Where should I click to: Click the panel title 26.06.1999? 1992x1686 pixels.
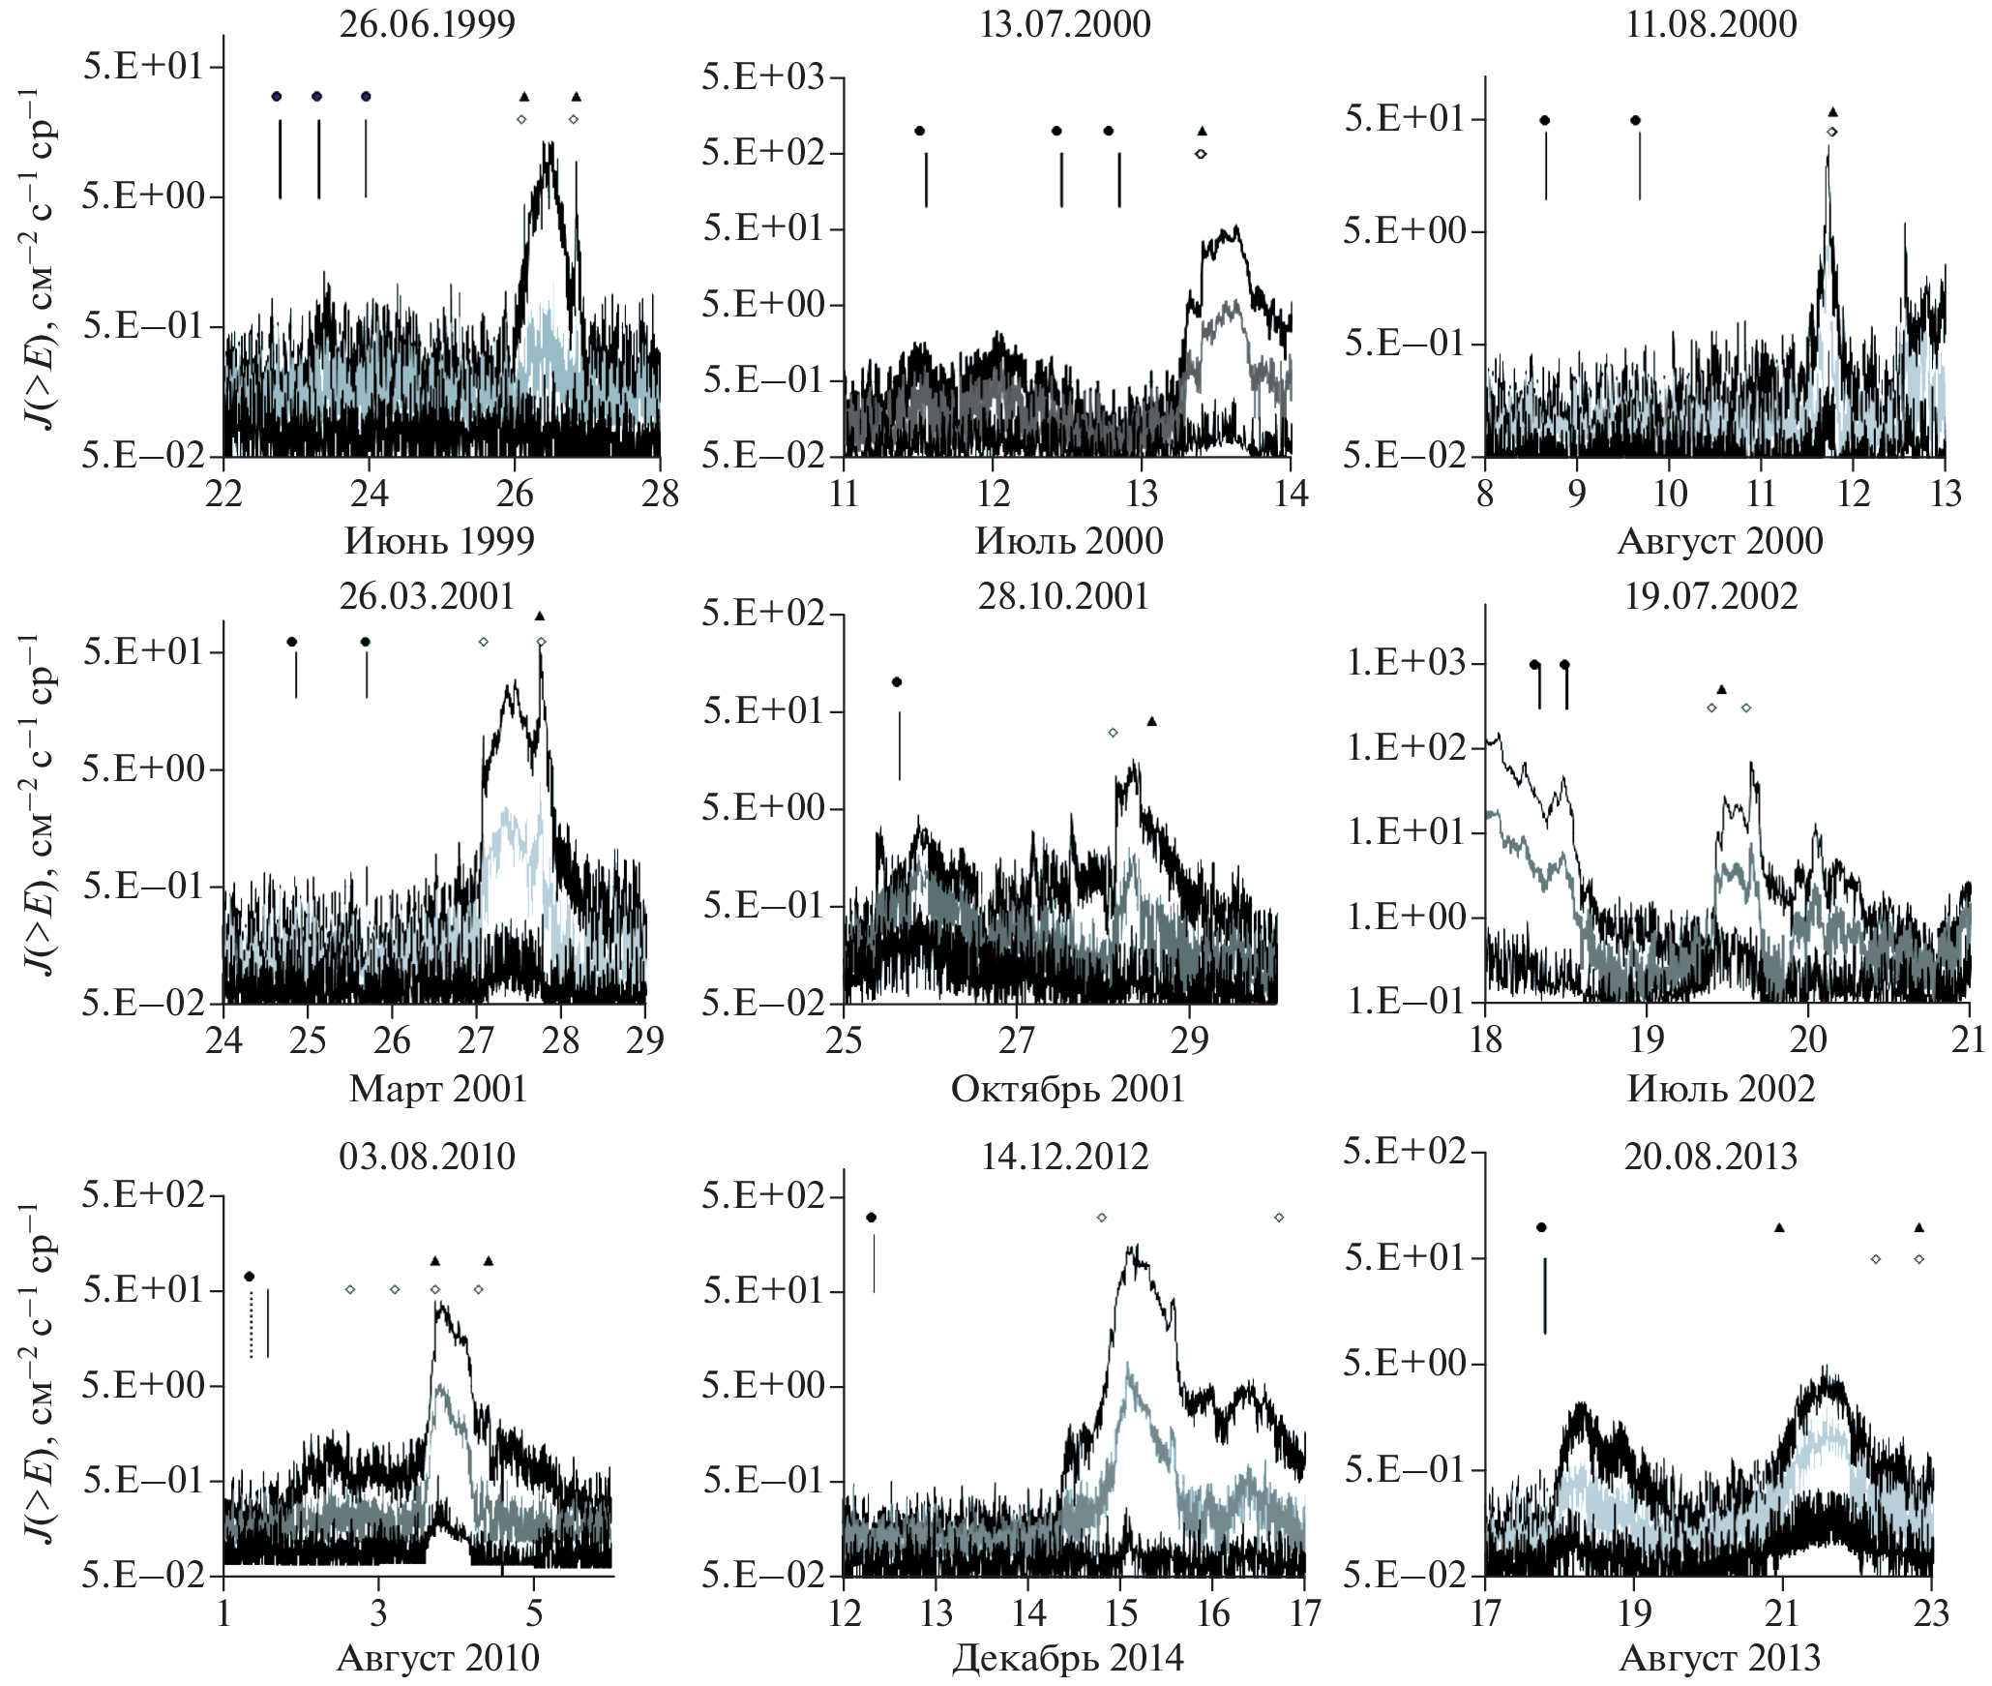pyautogui.click(x=427, y=23)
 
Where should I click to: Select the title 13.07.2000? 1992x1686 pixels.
pyautogui.click(x=1064, y=23)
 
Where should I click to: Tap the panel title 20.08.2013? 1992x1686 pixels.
pyautogui.click(x=1710, y=1156)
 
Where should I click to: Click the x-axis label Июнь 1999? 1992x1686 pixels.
pyautogui.click(x=439, y=540)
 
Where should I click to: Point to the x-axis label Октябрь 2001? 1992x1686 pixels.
pyautogui.click(x=1067, y=1089)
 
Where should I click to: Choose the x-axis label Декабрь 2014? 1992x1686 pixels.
pyautogui.click(x=1067, y=1658)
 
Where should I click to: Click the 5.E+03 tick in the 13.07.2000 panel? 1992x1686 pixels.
pyautogui.click(x=763, y=76)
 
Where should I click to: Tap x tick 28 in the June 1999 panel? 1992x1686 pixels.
pyautogui.click(x=660, y=494)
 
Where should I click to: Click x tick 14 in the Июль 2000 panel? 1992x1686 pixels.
pyautogui.click(x=1291, y=494)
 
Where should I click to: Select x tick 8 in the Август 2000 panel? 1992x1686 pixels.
pyautogui.click(x=1485, y=494)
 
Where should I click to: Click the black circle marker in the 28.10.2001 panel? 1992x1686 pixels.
pyautogui.click(x=897, y=682)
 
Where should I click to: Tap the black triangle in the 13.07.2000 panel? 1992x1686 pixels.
pyautogui.click(x=1203, y=131)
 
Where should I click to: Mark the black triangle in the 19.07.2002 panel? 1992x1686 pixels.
pyautogui.click(x=1721, y=689)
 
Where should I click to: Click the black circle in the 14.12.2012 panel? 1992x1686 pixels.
pyautogui.click(x=872, y=1218)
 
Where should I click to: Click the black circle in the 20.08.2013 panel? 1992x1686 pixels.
pyautogui.click(x=1541, y=1227)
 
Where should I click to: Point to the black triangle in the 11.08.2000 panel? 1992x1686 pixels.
pyautogui.click(x=1832, y=112)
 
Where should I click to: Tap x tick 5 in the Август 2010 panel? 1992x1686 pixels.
pyautogui.click(x=534, y=1612)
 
